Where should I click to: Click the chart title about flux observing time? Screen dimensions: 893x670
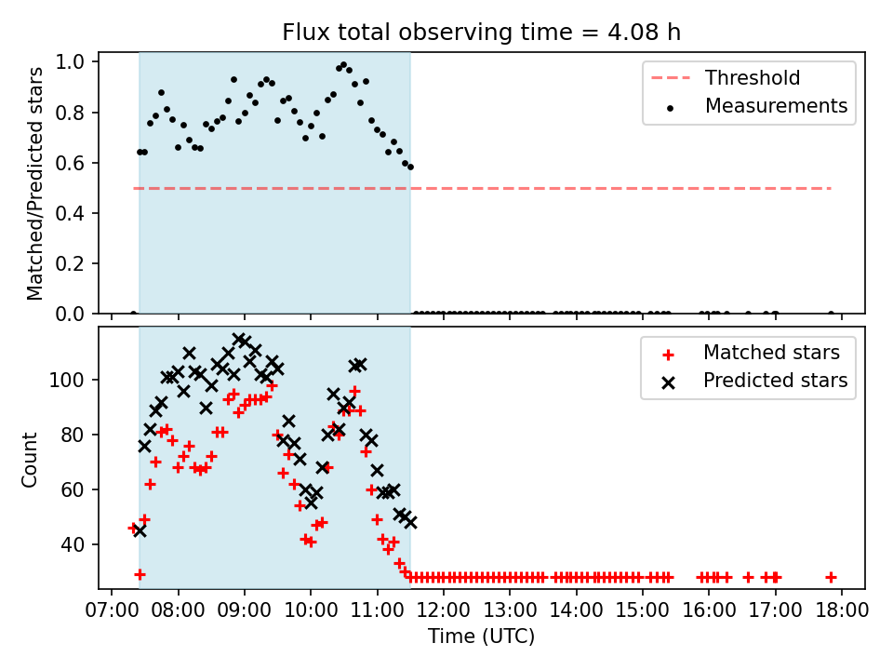click(x=481, y=32)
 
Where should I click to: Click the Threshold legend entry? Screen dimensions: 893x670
click(x=726, y=77)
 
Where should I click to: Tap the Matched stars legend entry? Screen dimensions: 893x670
click(x=751, y=353)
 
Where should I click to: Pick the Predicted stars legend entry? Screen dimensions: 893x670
click(x=754, y=381)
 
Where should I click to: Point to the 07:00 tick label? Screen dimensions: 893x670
click(x=112, y=610)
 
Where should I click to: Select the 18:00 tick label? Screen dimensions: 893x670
click(x=842, y=610)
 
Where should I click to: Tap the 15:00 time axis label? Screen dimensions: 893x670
click(x=643, y=610)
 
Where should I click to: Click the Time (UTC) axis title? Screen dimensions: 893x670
click(x=481, y=636)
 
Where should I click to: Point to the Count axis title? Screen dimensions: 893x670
click(x=29, y=459)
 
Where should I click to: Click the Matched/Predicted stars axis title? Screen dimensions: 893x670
click(x=34, y=183)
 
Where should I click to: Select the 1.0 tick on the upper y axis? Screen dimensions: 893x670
click(x=70, y=61)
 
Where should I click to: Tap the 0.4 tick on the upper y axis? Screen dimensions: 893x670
click(x=70, y=213)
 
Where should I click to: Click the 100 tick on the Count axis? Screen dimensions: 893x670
click(x=67, y=380)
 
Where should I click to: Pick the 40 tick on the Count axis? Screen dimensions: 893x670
click(x=73, y=544)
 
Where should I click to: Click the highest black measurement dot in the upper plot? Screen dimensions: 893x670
click(x=343, y=65)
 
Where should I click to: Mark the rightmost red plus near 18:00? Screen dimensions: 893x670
click(x=831, y=577)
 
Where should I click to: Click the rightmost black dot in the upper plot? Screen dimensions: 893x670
click(x=831, y=314)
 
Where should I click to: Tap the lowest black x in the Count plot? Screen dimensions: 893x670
click(x=140, y=531)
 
